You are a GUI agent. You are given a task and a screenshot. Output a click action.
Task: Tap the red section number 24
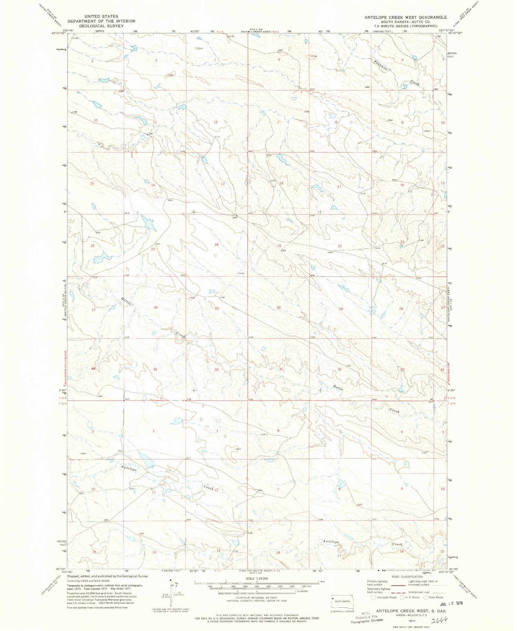(x=216, y=245)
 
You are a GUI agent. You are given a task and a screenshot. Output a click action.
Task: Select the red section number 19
(x=279, y=246)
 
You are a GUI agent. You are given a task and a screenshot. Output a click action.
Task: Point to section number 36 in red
(x=216, y=370)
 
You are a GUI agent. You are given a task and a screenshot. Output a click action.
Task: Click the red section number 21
(x=402, y=242)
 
